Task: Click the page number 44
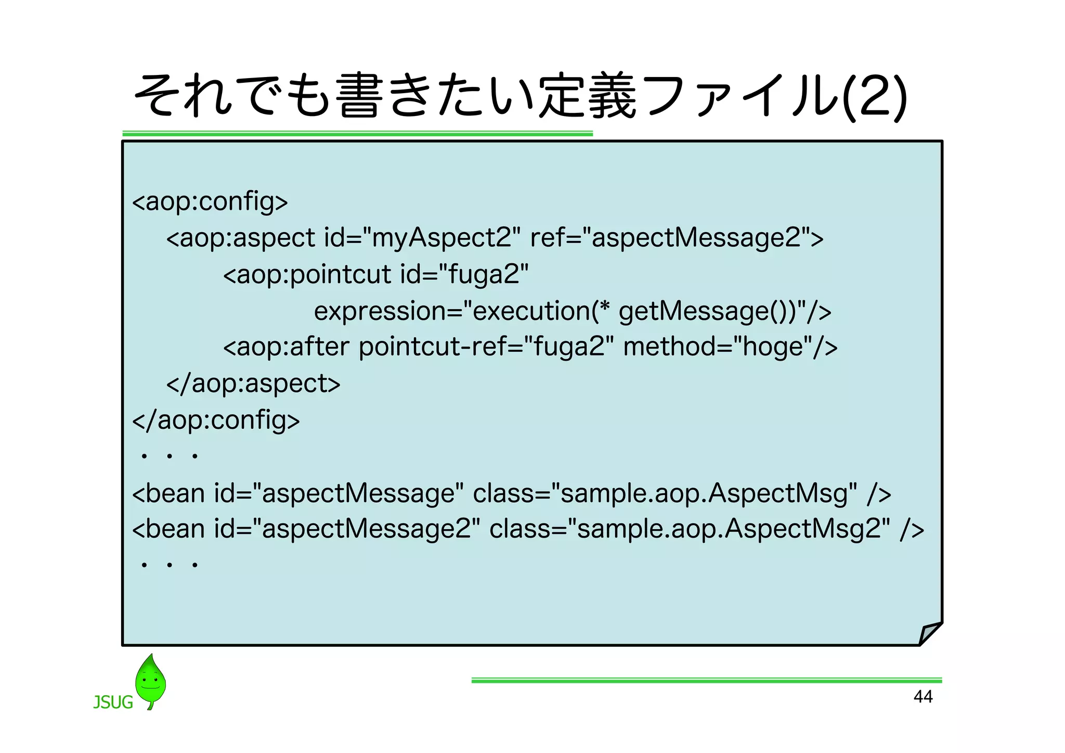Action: pyautogui.click(x=923, y=696)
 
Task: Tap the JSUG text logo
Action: pyautogui.click(x=113, y=702)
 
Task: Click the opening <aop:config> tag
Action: pyautogui.click(x=210, y=201)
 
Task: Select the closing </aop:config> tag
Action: pyautogui.click(x=216, y=420)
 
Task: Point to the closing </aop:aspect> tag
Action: pyautogui.click(x=253, y=384)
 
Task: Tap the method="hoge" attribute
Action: pyautogui.click(x=718, y=347)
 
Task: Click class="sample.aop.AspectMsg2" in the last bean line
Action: pyautogui.click(x=690, y=529)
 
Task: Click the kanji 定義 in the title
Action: pyautogui.click(x=588, y=96)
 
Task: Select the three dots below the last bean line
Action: pyautogui.click(x=169, y=565)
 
